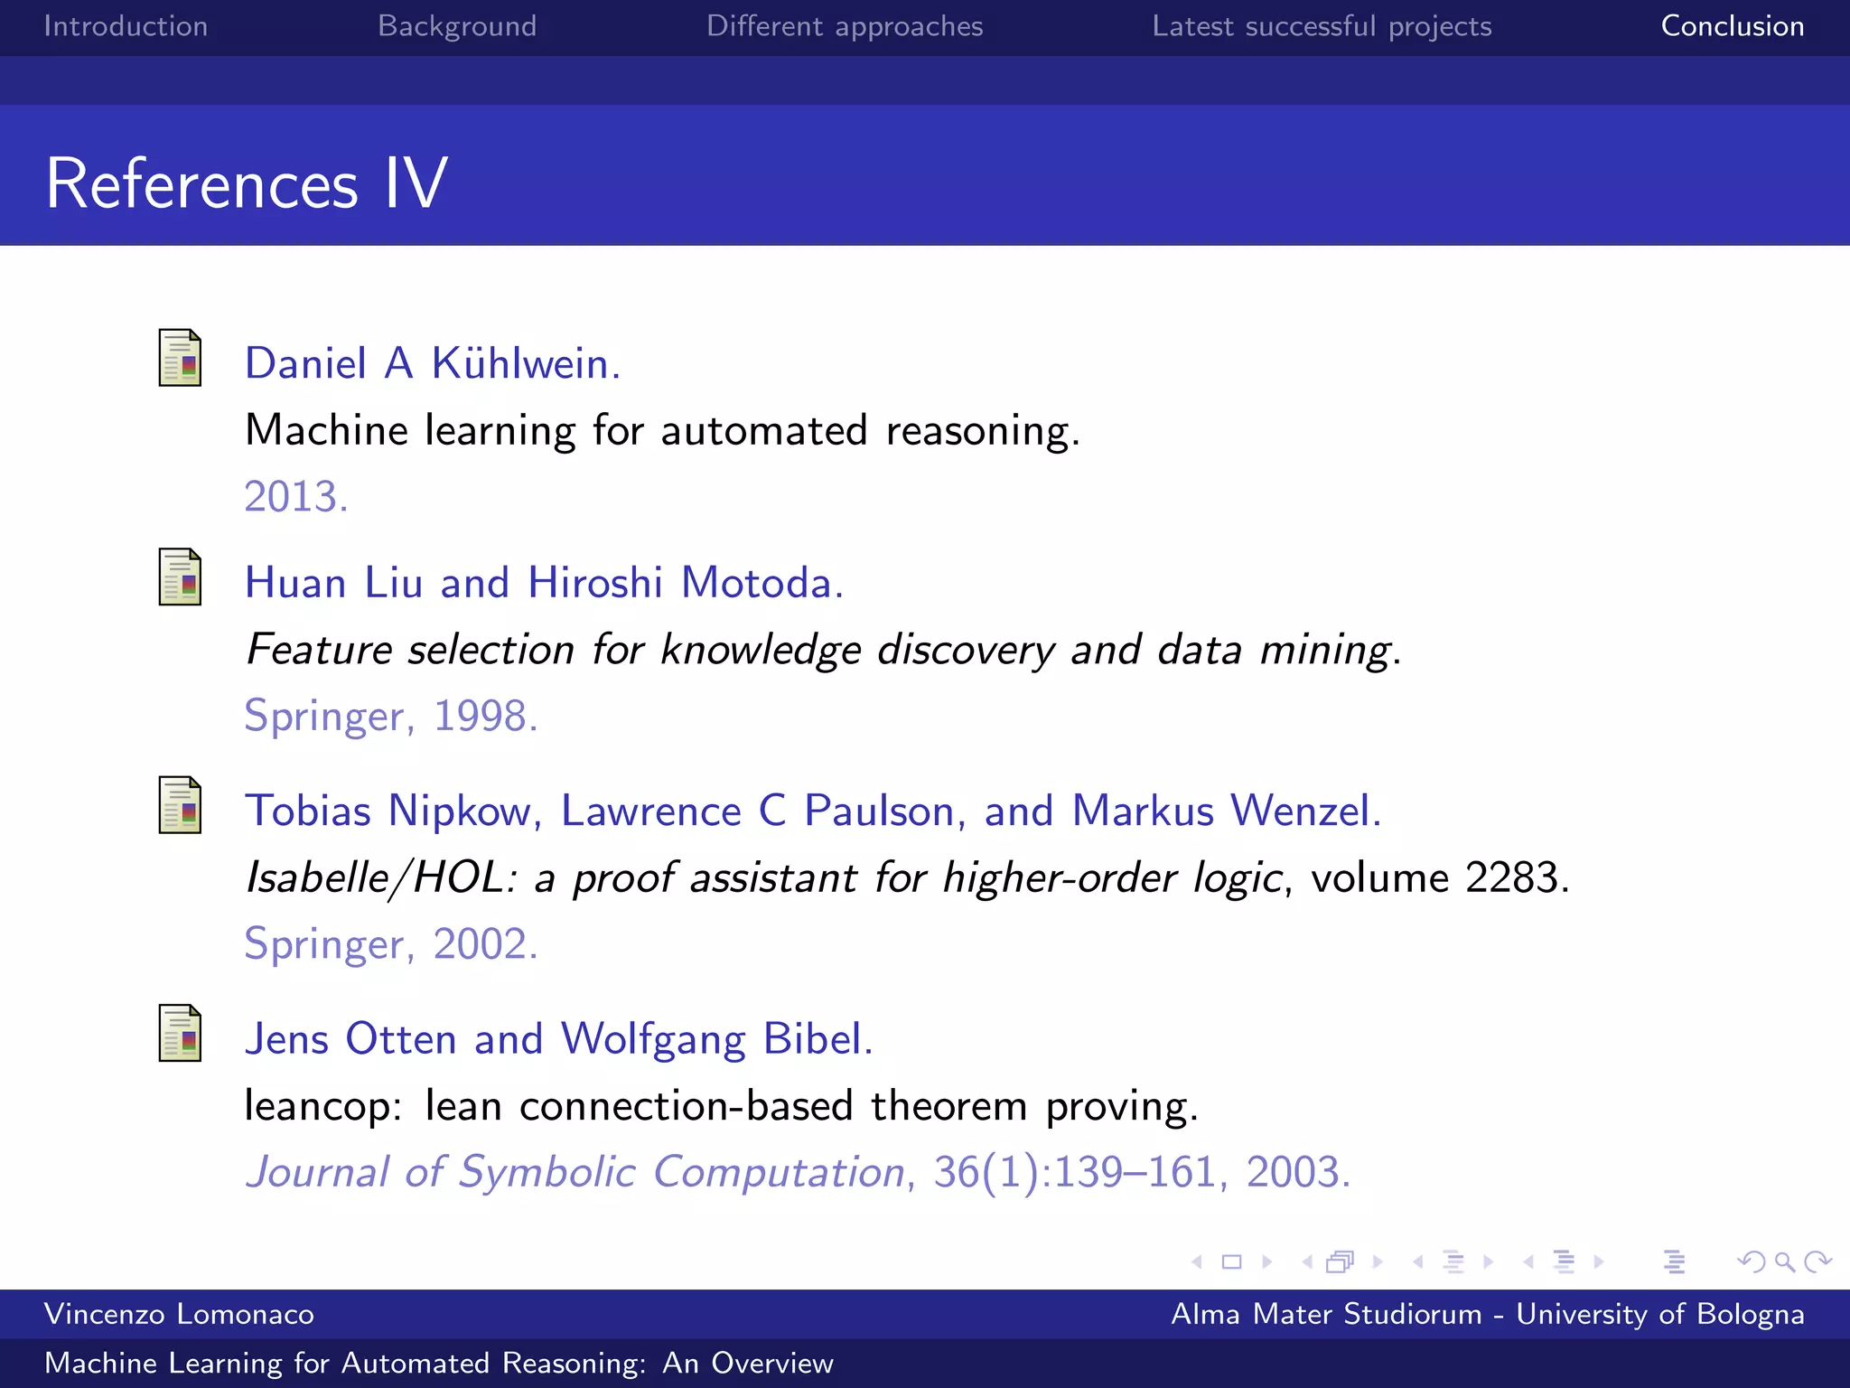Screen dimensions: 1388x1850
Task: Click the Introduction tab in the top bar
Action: [x=126, y=26]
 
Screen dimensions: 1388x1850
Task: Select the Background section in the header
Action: [x=457, y=26]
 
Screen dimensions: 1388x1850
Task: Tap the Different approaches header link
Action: [x=845, y=26]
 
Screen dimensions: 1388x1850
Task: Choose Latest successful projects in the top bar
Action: [x=1322, y=26]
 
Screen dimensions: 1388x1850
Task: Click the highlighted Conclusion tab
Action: [x=1733, y=26]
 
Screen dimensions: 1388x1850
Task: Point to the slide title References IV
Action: [x=247, y=183]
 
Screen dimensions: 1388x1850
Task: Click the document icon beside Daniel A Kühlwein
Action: [x=180, y=358]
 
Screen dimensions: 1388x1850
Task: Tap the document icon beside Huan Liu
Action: [x=180, y=577]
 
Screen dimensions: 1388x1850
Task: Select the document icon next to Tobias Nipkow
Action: [x=180, y=805]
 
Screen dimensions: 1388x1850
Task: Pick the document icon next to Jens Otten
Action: [x=180, y=1033]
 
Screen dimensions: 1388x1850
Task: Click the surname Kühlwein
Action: [x=525, y=363]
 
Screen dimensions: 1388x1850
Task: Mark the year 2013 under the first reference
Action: [x=295, y=497]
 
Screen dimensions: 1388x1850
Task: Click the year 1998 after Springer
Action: [x=485, y=716]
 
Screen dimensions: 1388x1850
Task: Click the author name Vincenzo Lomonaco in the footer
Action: [x=179, y=1314]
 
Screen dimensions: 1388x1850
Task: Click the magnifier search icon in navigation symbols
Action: [x=1784, y=1261]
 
